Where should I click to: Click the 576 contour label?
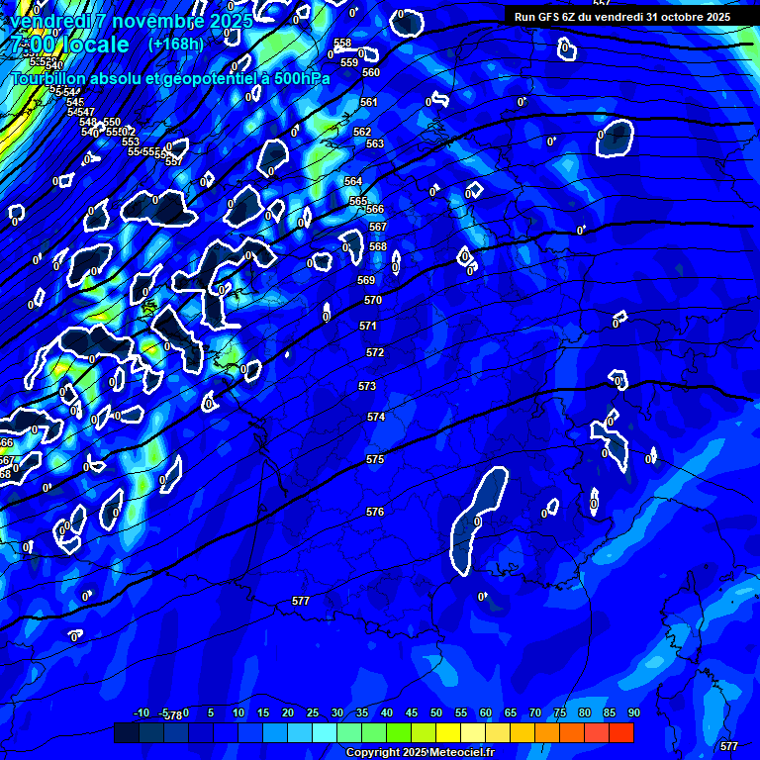click(374, 512)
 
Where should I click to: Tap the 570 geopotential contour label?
click(372, 300)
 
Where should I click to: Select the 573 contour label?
click(367, 386)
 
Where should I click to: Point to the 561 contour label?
click(369, 102)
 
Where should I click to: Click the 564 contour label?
click(353, 181)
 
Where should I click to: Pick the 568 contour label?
click(378, 246)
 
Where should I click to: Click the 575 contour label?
click(374, 460)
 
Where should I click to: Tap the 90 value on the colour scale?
click(633, 712)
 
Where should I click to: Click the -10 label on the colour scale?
click(141, 712)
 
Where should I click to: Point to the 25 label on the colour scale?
click(312, 712)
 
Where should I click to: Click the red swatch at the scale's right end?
click(621, 733)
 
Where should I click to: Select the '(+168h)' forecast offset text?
click(175, 45)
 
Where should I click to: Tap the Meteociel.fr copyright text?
click(419, 753)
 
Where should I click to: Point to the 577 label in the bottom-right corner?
click(729, 746)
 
